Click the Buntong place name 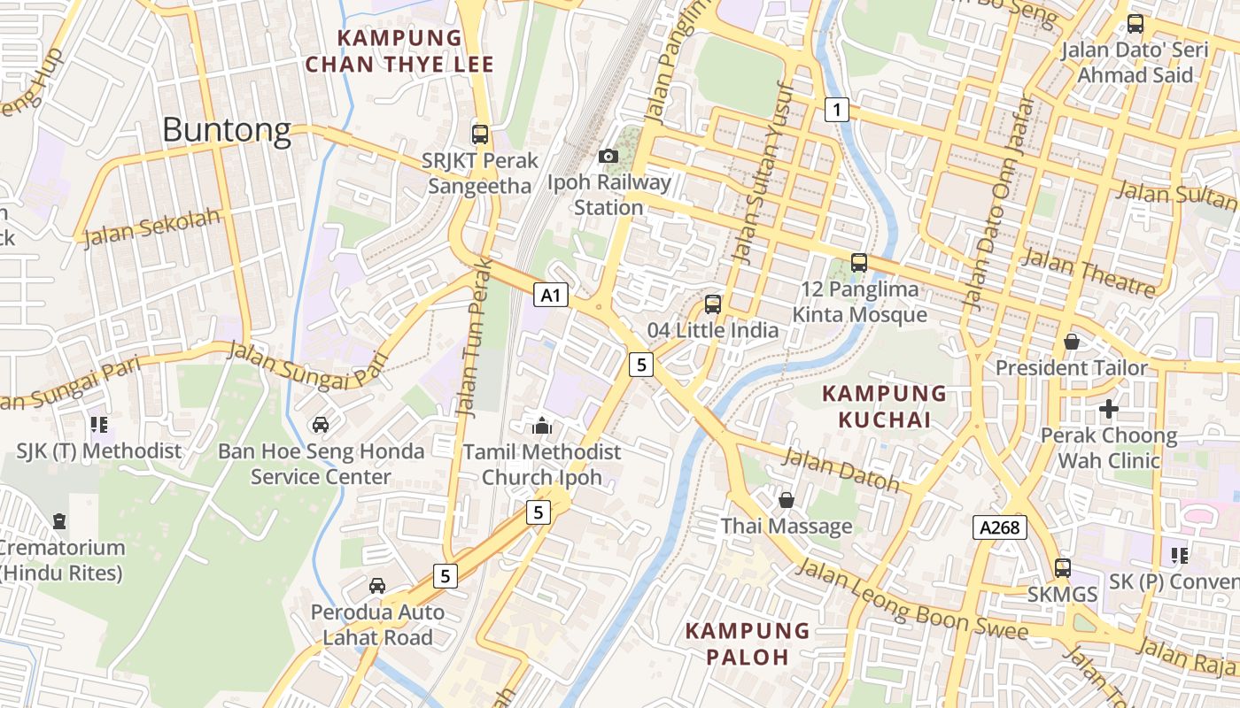point(227,131)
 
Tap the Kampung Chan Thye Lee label point(399,51)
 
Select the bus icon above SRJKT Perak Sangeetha point(480,135)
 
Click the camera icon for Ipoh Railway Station point(608,157)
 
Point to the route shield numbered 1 point(836,110)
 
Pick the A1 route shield point(551,296)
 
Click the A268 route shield point(1000,528)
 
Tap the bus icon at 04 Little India point(713,304)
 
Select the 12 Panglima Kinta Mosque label point(859,302)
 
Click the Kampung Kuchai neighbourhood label point(884,406)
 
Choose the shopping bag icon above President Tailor point(1072,341)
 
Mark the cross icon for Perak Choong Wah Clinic point(1108,409)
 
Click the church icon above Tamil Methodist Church point(542,426)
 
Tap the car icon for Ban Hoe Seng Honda point(321,425)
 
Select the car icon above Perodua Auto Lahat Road point(377,586)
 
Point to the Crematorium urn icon point(59,520)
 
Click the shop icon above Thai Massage point(786,501)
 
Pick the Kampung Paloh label point(748,643)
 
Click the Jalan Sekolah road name point(151,227)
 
